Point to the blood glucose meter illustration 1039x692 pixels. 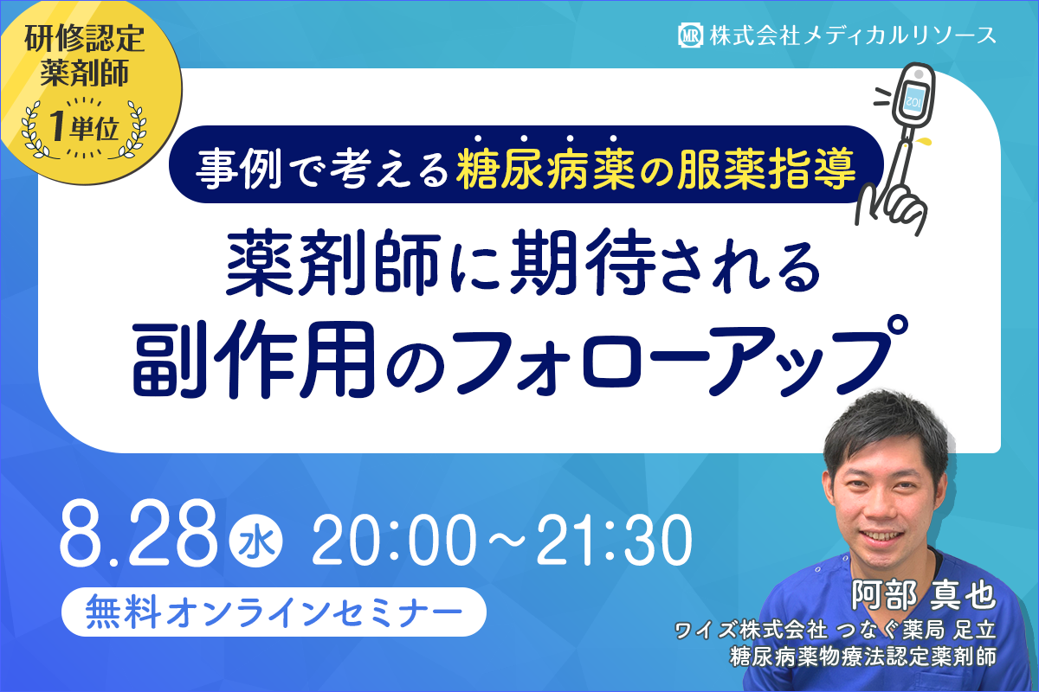tap(914, 100)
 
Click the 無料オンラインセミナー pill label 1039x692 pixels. tap(274, 612)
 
